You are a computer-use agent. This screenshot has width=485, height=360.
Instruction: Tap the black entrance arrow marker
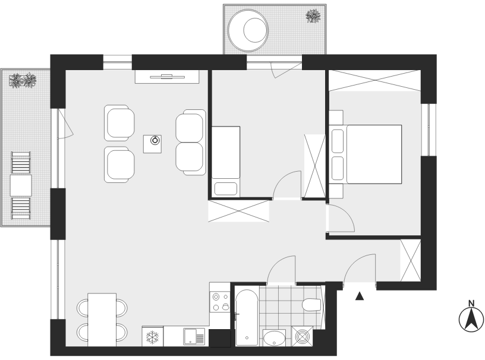pyautogui.click(x=359, y=296)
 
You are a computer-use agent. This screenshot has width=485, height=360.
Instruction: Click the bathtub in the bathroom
pyautogui.click(x=247, y=318)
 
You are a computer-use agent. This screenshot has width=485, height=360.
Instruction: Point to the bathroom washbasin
pyautogui.click(x=275, y=338)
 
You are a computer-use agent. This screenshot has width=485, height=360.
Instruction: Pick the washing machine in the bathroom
pyautogui.click(x=302, y=336)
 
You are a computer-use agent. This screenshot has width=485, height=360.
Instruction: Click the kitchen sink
pyautogui.click(x=194, y=336)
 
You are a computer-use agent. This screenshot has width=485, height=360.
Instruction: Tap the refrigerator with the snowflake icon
pyautogui.click(x=153, y=336)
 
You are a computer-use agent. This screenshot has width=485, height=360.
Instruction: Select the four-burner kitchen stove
pyautogui.click(x=219, y=302)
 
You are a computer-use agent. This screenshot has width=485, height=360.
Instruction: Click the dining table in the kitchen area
pyautogui.click(x=102, y=320)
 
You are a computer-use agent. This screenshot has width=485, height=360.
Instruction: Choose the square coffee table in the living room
pyautogui.click(x=152, y=144)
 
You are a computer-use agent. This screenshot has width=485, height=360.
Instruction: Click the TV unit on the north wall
pyautogui.click(x=167, y=77)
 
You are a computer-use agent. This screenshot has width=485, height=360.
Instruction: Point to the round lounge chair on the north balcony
pyautogui.click(x=248, y=30)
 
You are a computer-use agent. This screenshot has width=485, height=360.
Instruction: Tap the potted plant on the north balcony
pyautogui.click(x=313, y=16)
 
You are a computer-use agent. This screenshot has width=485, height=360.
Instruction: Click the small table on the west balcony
pyautogui.click(x=21, y=185)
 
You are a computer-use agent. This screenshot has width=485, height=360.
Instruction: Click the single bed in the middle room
pyautogui.click(x=226, y=161)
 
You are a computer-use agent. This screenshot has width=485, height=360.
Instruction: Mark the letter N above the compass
pyautogui.click(x=471, y=304)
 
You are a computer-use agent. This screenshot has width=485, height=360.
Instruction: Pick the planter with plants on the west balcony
pyautogui.click(x=23, y=80)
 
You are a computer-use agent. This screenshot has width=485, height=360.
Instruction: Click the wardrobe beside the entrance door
pyautogui.click(x=411, y=260)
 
